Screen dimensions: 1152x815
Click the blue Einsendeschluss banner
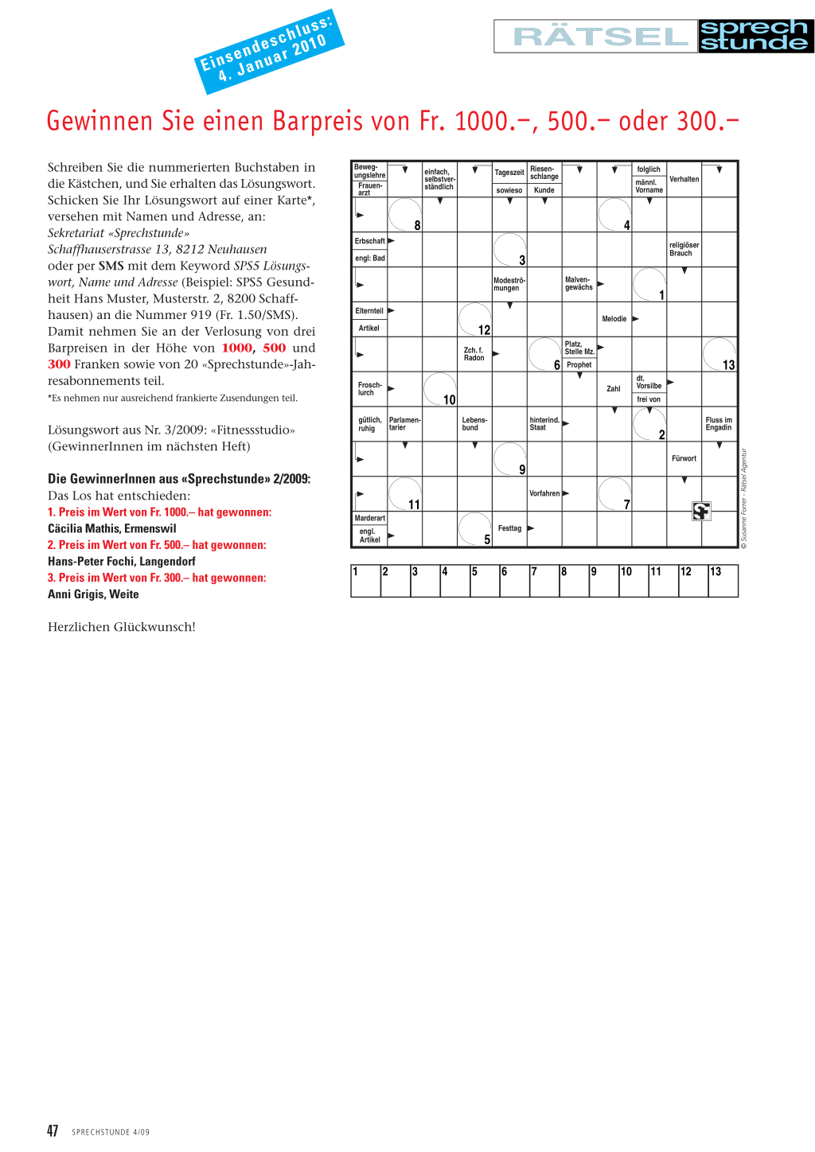pyautogui.click(x=269, y=51)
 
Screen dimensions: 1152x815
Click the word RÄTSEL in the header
pyautogui.click(x=600, y=37)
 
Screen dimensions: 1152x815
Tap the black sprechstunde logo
pyautogui.click(x=755, y=37)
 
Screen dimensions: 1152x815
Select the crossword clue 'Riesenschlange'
pyautogui.click(x=544, y=173)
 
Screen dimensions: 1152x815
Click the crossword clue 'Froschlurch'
pyautogui.click(x=369, y=389)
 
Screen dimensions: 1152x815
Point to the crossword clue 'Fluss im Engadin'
pyautogui.click(x=719, y=424)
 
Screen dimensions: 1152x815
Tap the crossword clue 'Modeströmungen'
pyautogui.click(x=509, y=284)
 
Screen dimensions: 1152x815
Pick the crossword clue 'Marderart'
pyautogui.click(x=369, y=518)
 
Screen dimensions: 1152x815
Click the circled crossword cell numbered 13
pyautogui.click(x=719, y=354)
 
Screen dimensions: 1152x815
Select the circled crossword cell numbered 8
pyautogui.click(x=404, y=215)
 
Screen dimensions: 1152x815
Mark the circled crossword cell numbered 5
pyautogui.click(x=474, y=529)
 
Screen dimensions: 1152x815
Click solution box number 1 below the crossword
pyautogui.click(x=365, y=581)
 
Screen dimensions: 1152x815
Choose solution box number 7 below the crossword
pyautogui.click(x=544, y=581)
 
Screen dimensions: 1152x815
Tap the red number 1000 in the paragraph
pyautogui.click(x=237, y=348)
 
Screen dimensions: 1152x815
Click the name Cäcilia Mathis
pyautogui.click(x=112, y=528)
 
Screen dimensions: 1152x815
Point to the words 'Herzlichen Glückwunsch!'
pyautogui.click(x=122, y=627)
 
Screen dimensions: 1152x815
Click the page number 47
pyautogui.click(x=53, y=1131)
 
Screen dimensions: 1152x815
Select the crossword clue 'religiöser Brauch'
pyautogui.click(x=684, y=249)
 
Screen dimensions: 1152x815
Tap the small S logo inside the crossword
pyautogui.click(x=701, y=511)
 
